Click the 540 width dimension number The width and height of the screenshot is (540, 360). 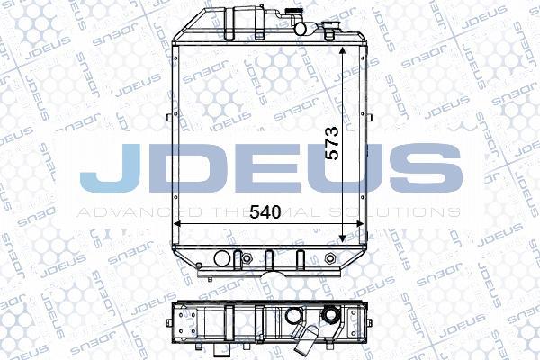265,212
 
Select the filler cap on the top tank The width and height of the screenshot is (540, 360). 294,14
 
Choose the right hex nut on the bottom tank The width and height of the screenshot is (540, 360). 333,261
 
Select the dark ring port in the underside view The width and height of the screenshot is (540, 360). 333,316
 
